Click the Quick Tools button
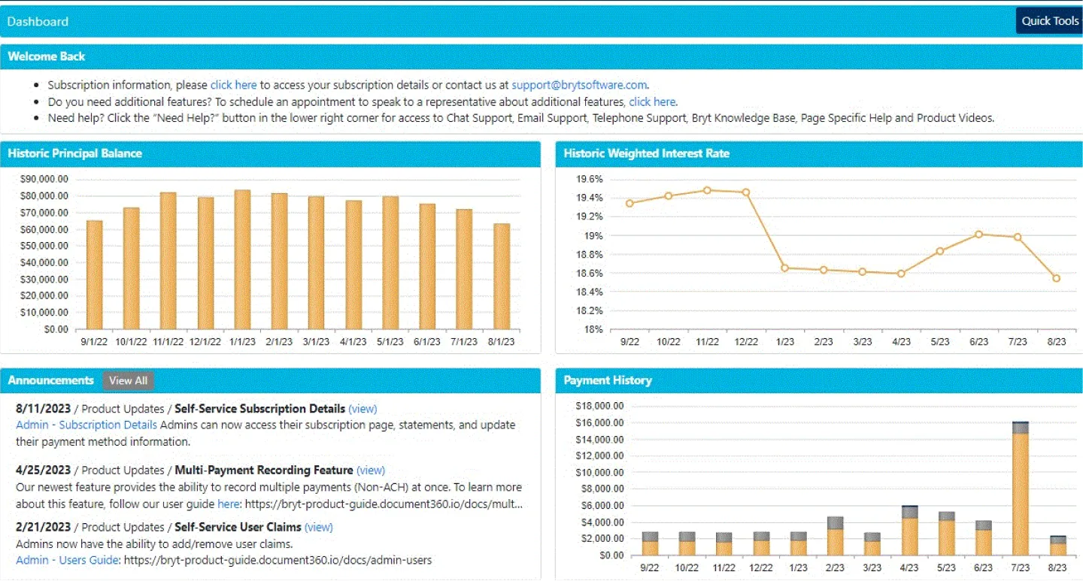(x=1049, y=21)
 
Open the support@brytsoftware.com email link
(x=579, y=85)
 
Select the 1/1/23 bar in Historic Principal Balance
(x=242, y=259)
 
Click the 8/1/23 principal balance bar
(x=502, y=276)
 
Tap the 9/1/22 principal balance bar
(x=95, y=274)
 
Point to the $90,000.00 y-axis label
(x=44, y=179)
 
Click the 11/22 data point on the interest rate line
(x=707, y=190)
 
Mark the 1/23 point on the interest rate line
(x=784, y=268)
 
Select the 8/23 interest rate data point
(x=1057, y=278)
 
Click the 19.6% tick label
(x=590, y=179)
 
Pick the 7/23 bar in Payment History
(x=1020, y=489)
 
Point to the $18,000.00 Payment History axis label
(x=599, y=406)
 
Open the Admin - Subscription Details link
(x=86, y=425)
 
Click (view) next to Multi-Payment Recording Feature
(x=370, y=470)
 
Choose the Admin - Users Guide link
(x=67, y=560)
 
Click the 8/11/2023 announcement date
(x=43, y=409)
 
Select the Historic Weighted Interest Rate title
(x=646, y=153)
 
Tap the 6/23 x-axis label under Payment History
(x=978, y=568)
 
